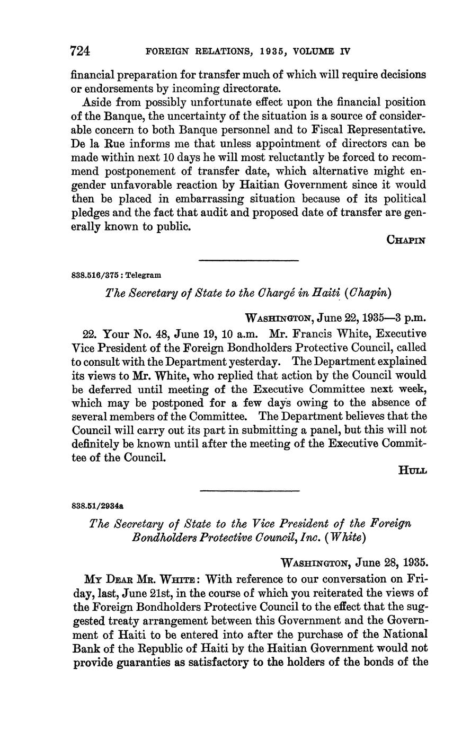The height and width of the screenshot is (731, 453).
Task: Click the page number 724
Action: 81,51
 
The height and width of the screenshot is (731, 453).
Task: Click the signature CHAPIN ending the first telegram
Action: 406,240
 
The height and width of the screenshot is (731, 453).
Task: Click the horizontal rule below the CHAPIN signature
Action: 248,260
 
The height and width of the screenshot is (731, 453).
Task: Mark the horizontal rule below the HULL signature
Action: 250,490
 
